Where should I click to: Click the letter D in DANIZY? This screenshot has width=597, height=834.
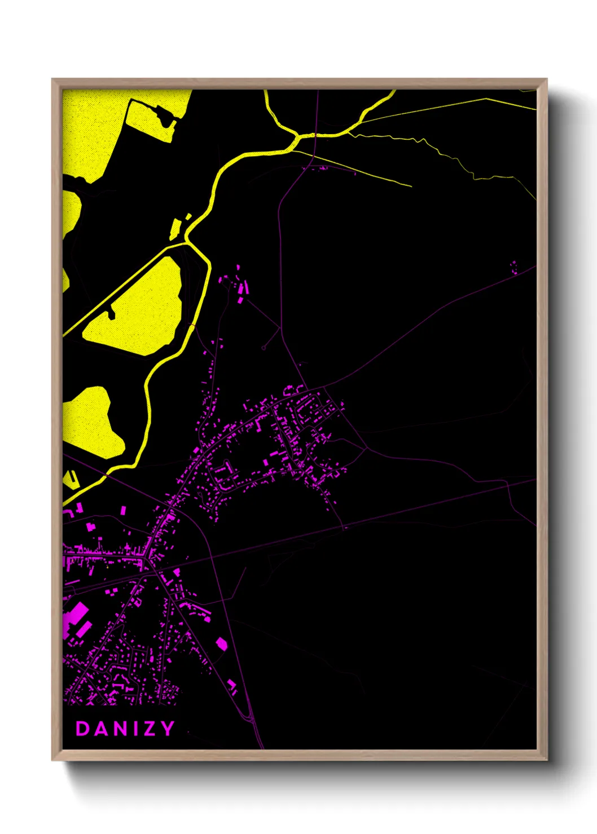click(x=82, y=729)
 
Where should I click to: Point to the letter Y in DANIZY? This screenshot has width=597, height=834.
click(x=167, y=729)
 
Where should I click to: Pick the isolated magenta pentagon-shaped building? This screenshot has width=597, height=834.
click(x=222, y=643)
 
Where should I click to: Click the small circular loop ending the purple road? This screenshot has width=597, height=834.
click(x=264, y=348)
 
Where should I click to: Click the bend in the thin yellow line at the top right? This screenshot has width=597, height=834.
click(x=486, y=99)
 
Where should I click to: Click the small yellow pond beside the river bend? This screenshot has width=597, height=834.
click(x=175, y=228)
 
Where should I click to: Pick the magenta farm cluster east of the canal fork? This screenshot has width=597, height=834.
click(x=237, y=285)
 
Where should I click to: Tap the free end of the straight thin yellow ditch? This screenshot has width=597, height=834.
click(x=411, y=185)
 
